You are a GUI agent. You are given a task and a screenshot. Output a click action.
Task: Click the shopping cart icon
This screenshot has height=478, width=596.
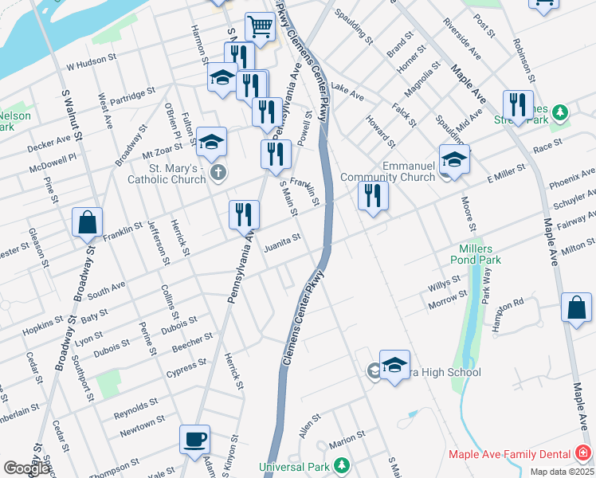260,27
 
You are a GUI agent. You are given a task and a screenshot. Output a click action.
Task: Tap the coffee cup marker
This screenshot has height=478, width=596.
195,439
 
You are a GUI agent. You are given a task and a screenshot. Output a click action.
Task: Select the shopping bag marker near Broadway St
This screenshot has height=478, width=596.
87,222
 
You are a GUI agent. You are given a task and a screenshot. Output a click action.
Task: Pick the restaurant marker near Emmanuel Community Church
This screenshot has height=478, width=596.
372,195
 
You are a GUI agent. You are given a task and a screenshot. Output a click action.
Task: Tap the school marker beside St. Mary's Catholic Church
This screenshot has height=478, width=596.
211,142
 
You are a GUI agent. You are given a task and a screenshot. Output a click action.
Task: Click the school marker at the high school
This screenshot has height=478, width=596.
394,365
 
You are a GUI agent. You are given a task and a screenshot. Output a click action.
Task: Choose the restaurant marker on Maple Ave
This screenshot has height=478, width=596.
518,104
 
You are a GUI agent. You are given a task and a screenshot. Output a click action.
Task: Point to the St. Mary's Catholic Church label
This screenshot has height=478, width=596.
167,174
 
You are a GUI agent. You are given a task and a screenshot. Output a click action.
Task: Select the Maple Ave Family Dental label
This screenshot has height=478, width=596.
509,454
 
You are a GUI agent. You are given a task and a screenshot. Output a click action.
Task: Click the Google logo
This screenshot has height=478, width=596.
26,468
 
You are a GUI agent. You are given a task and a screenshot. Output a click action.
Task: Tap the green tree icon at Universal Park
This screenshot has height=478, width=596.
341,464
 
